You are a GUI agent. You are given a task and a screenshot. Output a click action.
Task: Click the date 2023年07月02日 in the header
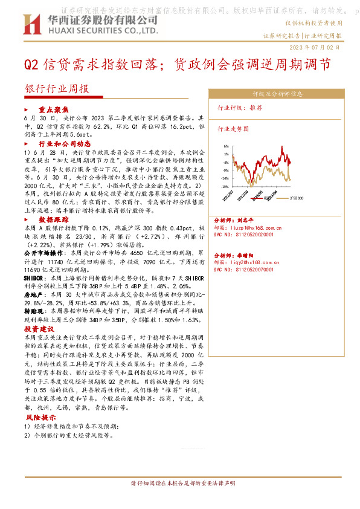(315, 47)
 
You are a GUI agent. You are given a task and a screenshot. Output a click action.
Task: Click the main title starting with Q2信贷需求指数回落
(178, 64)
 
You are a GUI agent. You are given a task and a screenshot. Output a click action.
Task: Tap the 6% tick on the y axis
(225, 146)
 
